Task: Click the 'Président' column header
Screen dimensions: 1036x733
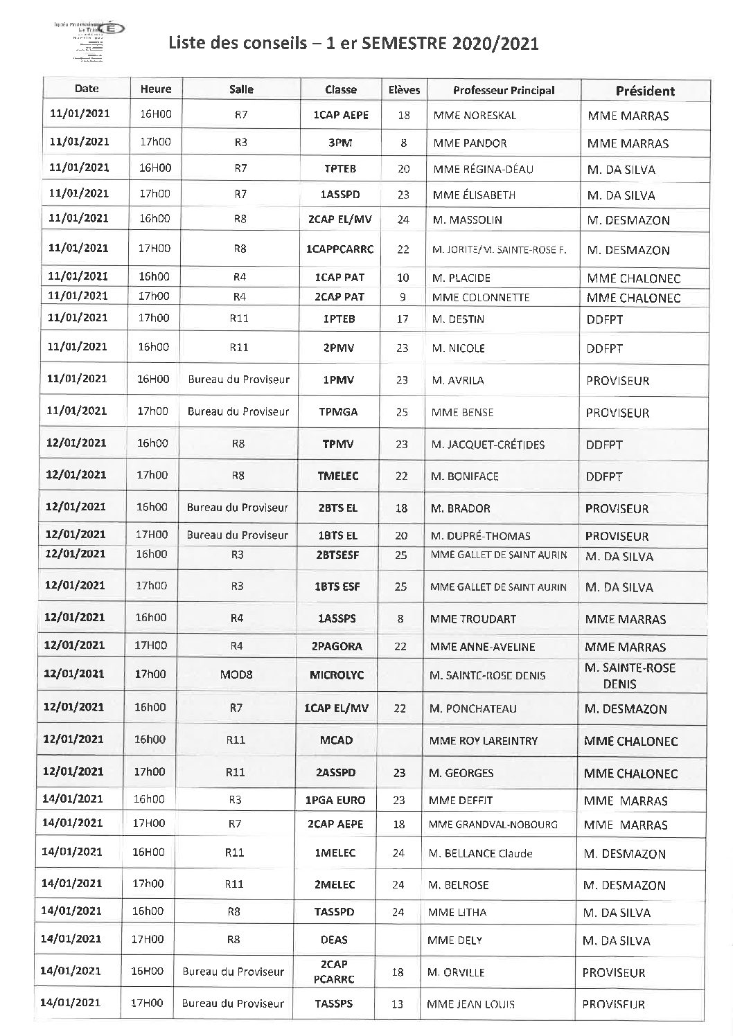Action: pyautogui.click(x=645, y=91)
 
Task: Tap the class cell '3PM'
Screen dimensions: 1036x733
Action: pyautogui.click(x=339, y=143)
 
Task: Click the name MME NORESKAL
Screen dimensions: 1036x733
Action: pyautogui.click(x=475, y=116)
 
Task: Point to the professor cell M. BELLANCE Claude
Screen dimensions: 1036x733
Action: pyautogui.click(x=481, y=853)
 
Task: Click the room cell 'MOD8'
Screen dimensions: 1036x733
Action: pyautogui.click(x=237, y=674)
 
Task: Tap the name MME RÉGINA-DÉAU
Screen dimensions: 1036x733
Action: pyautogui.click(x=484, y=169)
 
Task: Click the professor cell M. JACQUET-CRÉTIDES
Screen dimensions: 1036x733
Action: pyautogui.click(x=488, y=444)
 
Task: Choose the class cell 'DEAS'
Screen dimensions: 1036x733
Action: pyautogui.click(x=335, y=940)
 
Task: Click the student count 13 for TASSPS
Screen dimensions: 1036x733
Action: pyautogui.click(x=397, y=1003)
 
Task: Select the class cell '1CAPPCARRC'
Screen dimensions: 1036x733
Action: pyautogui.click(x=339, y=249)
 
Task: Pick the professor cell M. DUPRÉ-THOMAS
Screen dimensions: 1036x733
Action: pyautogui.click(x=480, y=535)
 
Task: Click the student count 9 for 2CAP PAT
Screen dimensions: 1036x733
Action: pyautogui.click(x=403, y=297)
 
